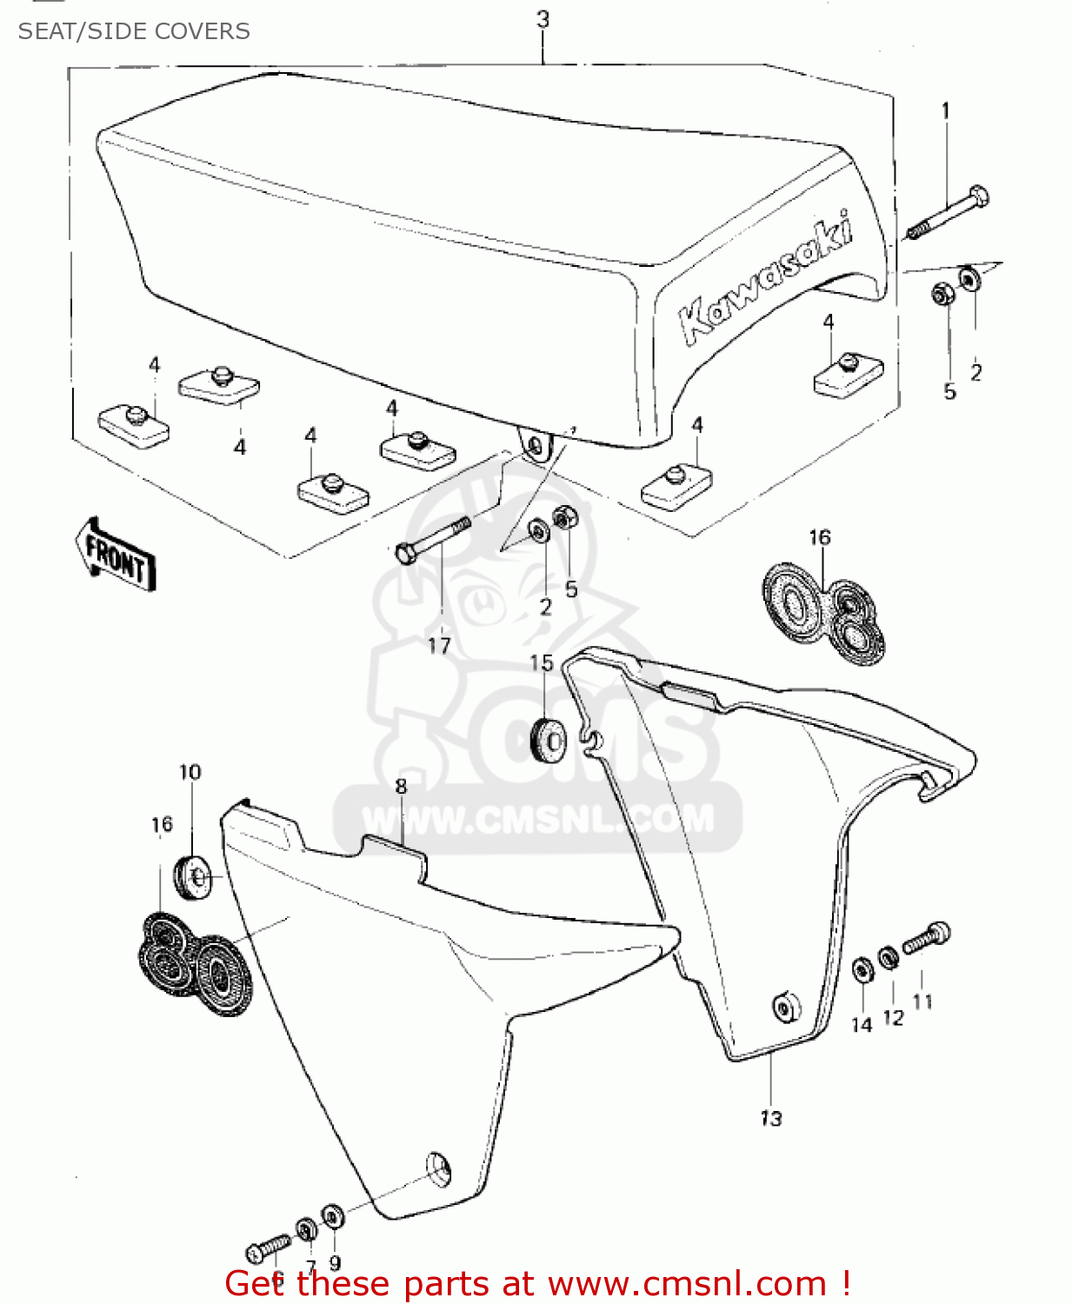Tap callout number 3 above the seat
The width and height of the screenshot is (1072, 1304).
pyautogui.click(x=543, y=19)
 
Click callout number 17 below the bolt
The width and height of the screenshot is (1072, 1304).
pyautogui.click(x=439, y=645)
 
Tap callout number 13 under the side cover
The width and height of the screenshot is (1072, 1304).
pyautogui.click(x=771, y=1118)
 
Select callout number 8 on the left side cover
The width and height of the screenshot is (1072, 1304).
pyautogui.click(x=401, y=787)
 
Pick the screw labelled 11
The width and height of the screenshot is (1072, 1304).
pyautogui.click(x=927, y=938)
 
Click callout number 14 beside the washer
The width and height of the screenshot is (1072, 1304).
pyautogui.click(x=861, y=1026)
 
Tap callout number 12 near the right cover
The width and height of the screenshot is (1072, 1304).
pyautogui.click(x=893, y=1017)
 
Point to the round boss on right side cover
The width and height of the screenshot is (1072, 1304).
pyautogui.click(x=787, y=1007)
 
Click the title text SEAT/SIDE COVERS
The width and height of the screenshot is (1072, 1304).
pyautogui.click(x=134, y=31)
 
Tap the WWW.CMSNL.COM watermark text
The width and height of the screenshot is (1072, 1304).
pyautogui.click(x=538, y=819)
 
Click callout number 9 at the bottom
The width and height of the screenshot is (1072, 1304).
pyautogui.click(x=335, y=1262)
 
